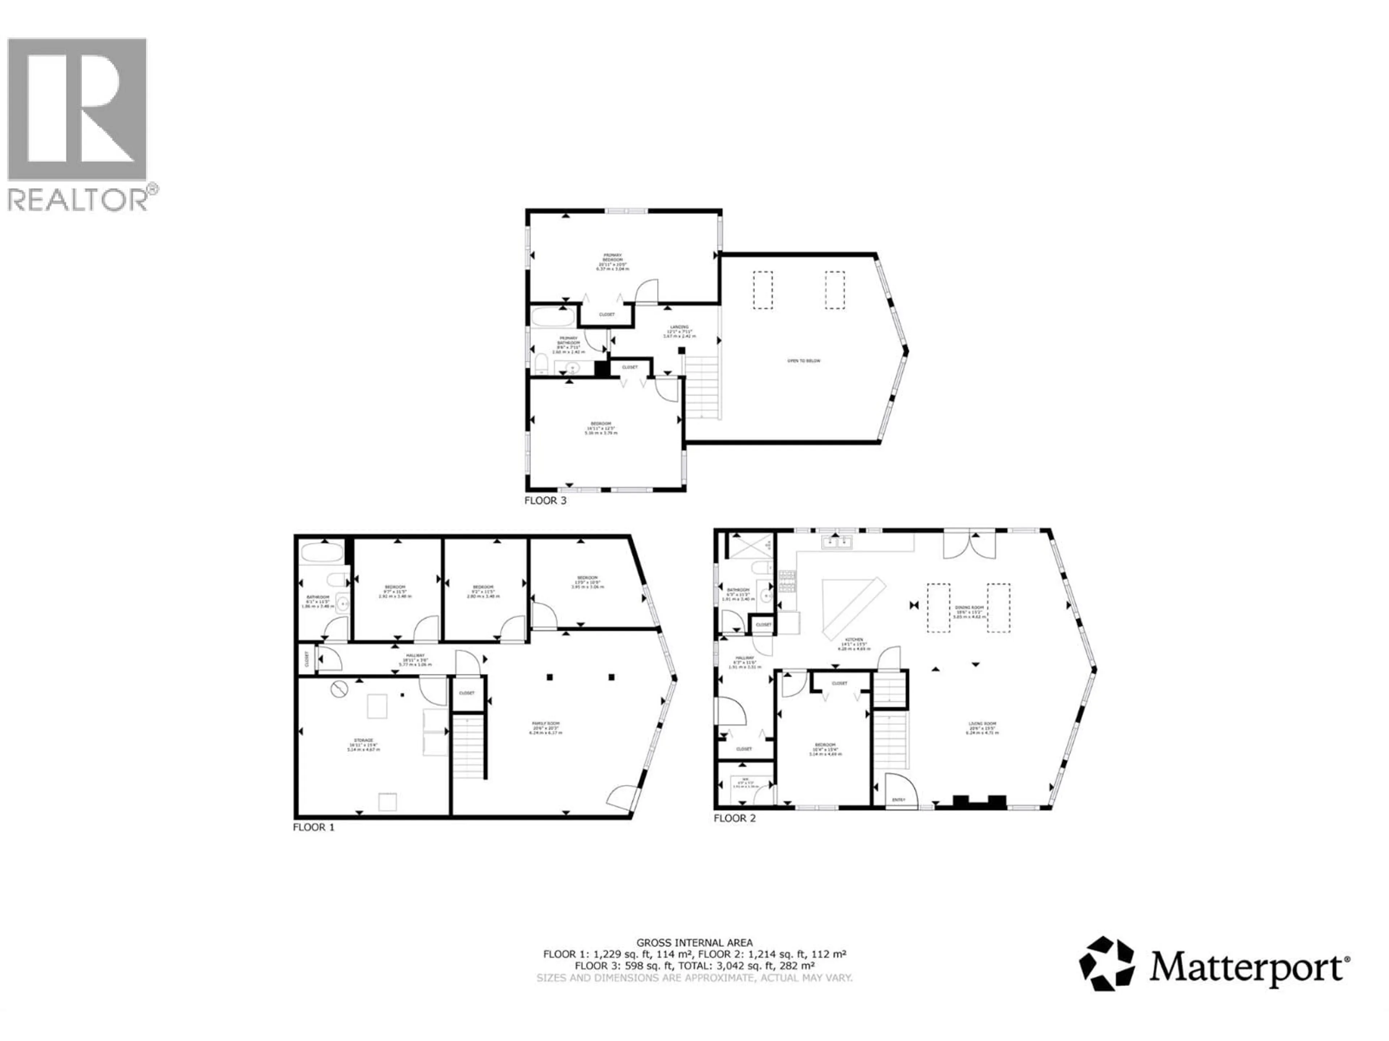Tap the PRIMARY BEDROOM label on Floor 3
[612, 258]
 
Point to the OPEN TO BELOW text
[804, 361]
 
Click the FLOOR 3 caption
[545, 501]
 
